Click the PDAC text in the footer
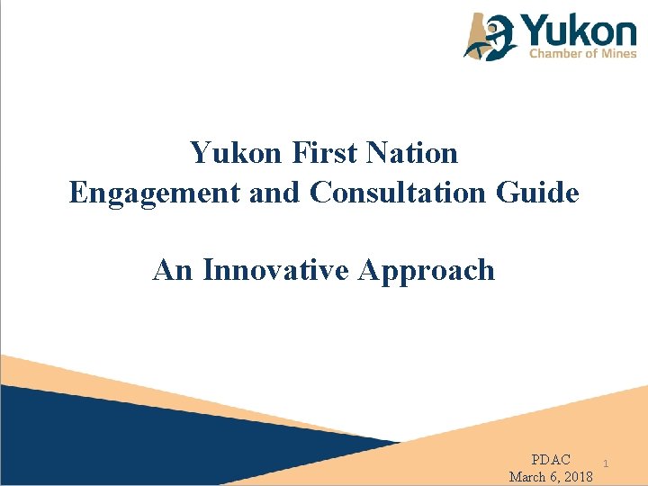click(x=551, y=460)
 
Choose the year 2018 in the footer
click(x=574, y=476)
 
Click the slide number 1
click(x=607, y=463)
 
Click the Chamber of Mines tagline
click(x=581, y=53)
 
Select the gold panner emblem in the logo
click(x=490, y=36)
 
